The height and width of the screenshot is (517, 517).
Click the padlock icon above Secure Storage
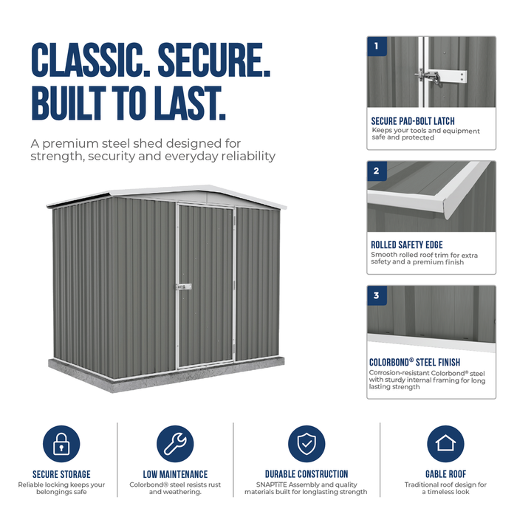pyautogui.click(x=61, y=443)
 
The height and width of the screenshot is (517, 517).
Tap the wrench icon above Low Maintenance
pyautogui.click(x=175, y=443)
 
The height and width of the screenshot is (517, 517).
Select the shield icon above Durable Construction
pyautogui.click(x=307, y=443)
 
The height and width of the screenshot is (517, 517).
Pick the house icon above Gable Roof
pyautogui.click(x=445, y=443)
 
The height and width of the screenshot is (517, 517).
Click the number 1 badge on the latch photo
pyautogui.click(x=377, y=46)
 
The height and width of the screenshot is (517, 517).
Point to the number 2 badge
pyautogui.click(x=377, y=171)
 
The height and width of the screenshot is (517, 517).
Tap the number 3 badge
pyautogui.click(x=377, y=295)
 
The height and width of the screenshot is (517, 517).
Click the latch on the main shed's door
pyautogui.click(x=184, y=287)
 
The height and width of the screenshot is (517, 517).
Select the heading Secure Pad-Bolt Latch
pyautogui.click(x=413, y=121)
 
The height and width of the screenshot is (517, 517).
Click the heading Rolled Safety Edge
pyautogui.click(x=407, y=245)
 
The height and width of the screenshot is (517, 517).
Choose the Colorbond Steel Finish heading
pyautogui.click(x=415, y=362)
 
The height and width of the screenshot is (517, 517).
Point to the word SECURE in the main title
pyautogui.click(x=214, y=60)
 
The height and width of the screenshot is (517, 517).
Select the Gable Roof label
pyautogui.click(x=446, y=474)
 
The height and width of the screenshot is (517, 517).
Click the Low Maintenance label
pyautogui.click(x=176, y=474)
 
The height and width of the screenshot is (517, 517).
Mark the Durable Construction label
pyautogui.click(x=307, y=474)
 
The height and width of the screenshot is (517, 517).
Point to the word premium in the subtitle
pyautogui.click(x=70, y=145)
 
